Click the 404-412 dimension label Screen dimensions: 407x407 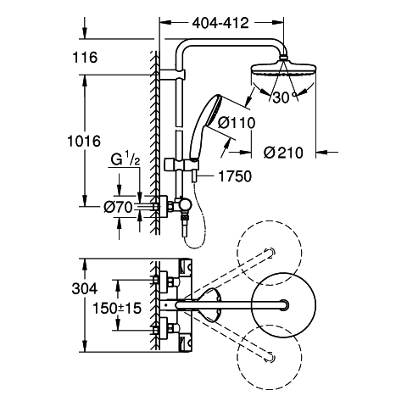coord(220,23)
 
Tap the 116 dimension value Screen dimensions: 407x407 coord(85,58)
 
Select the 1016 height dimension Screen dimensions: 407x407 coord(84,141)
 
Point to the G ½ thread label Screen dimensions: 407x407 coord(125,159)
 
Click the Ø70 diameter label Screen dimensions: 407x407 coord(118,208)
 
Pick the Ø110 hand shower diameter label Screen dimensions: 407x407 coord(237,123)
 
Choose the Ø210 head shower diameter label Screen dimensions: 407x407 coord(283,153)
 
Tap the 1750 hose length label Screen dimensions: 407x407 coord(235,176)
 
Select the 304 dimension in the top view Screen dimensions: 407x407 coord(85,289)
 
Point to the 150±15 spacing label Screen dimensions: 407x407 coord(117,308)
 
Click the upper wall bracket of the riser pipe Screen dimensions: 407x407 coord(172,75)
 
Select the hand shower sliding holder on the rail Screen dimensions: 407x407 coord(181,164)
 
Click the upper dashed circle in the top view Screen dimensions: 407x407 coord(270,253)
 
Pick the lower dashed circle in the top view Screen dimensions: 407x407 coord(270,358)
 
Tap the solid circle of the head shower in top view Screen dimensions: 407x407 coord(283,304)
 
